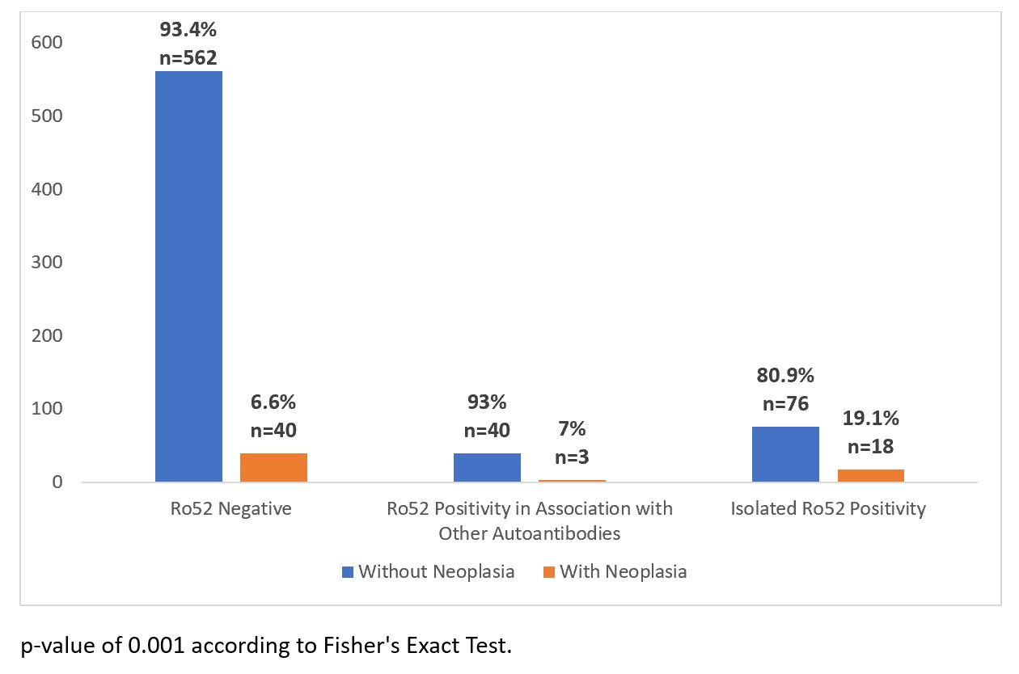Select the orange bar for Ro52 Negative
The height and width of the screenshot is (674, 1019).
pos(273,468)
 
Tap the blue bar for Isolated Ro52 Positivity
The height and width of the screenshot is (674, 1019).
pos(785,454)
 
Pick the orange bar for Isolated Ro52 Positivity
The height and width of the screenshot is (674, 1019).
pos(870,476)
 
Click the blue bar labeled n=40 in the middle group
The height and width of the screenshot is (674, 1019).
pos(487,468)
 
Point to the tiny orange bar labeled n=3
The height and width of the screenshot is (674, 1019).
pos(572,481)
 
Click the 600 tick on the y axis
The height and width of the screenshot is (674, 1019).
pos(47,43)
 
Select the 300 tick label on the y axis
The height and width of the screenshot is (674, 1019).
pos(47,263)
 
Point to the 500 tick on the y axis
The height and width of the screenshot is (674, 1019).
pos(47,116)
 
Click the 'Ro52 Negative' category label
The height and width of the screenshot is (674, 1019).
pos(231,509)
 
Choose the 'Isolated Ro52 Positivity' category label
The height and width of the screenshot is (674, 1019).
pos(828,509)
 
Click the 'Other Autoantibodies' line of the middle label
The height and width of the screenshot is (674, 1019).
pos(530,533)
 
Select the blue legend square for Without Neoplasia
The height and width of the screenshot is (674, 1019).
pos(348,572)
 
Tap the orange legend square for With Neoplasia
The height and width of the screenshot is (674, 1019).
pos(549,572)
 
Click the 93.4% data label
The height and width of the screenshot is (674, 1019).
pos(188,31)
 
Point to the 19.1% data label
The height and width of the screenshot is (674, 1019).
pos(871,419)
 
